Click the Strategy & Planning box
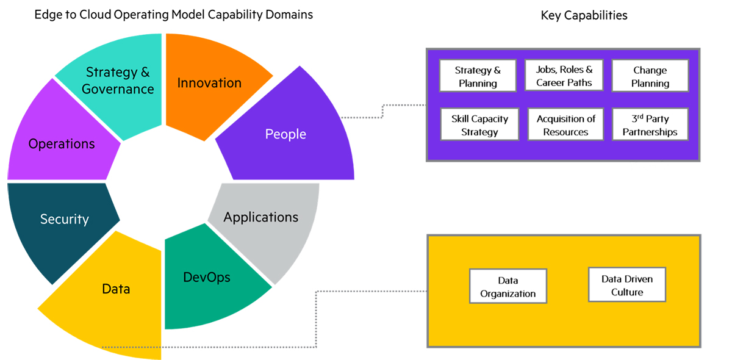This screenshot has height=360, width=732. [478, 76]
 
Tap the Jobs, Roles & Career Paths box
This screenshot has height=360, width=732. [564, 76]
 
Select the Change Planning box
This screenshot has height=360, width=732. [650, 76]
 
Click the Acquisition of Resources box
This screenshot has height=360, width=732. [565, 124]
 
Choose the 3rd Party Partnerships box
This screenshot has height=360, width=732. [650, 124]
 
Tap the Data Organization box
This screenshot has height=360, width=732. [508, 286]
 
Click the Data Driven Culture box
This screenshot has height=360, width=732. [627, 285]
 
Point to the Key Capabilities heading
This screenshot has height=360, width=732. [584, 16]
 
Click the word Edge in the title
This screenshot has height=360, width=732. [46, 14]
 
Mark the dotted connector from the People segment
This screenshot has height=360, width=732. [382, 110]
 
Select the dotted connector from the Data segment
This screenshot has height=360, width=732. [316, 317]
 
